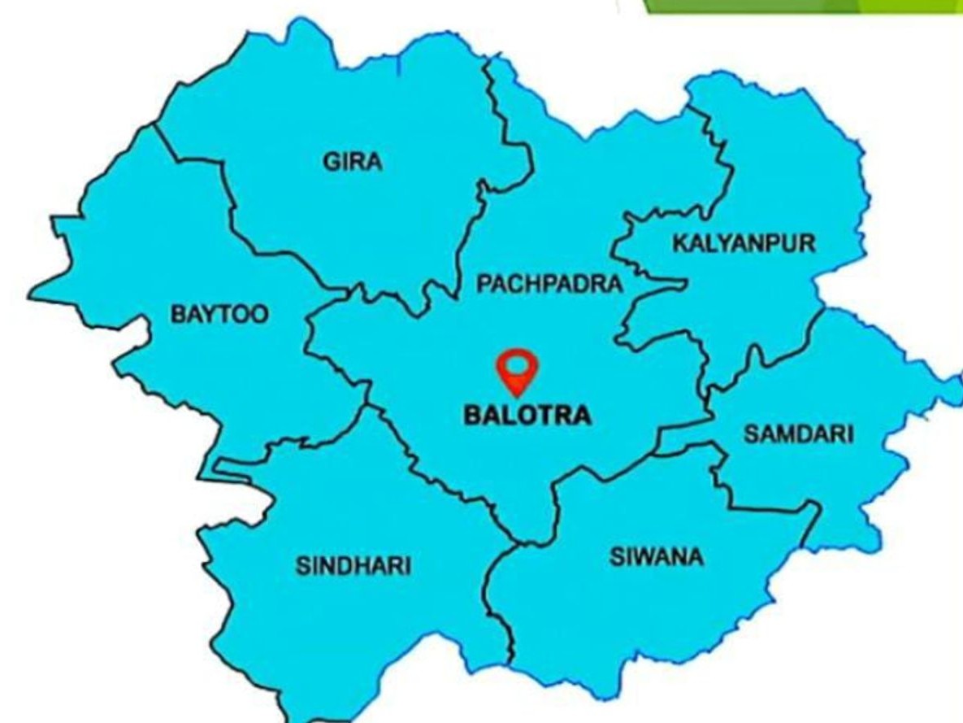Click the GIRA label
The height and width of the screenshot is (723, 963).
pyautogui.click(x=353, y=162)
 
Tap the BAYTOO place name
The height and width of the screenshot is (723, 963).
pyautogui.click(x=219, y=315)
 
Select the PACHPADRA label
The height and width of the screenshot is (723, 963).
pyautogui.click(x=549, y=284)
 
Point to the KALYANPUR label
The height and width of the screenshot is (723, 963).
pyautogui.click(x=743, y=243)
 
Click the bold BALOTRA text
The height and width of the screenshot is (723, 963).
pyautogui.click(x=527, y=416)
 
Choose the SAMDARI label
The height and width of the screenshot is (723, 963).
pyautogui.click(x=799, y=434)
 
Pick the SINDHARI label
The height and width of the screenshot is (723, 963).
pyautogui.click(x=353, y=566)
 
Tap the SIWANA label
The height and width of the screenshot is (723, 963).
pyautogui.click(x=657, y=558)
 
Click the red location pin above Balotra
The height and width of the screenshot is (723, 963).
pyautogui.click(x=518, y=371)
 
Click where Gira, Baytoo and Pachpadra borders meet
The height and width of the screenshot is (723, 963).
pyautogui.click(x=341, y=289)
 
